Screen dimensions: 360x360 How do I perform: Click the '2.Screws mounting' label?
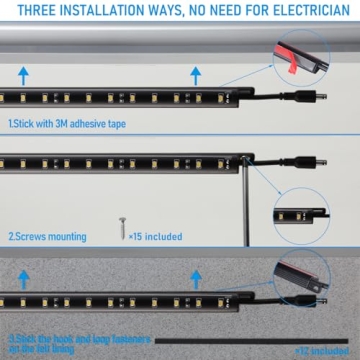[47, 237]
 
